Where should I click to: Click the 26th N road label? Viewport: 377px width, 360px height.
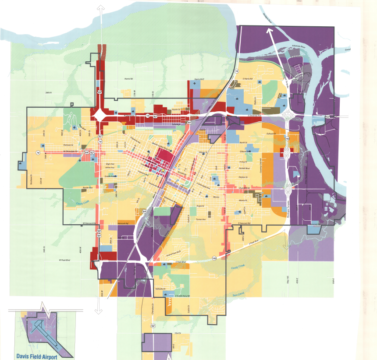coord(48,93)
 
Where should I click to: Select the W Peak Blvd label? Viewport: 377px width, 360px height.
coord(65,260)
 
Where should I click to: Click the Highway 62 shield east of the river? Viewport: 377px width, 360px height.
coord(328,116)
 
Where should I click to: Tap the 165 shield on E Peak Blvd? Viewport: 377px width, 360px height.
coord(214,258)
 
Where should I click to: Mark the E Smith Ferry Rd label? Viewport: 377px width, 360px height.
coord(181,296)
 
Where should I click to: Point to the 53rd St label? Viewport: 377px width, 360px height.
coord(178,333)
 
